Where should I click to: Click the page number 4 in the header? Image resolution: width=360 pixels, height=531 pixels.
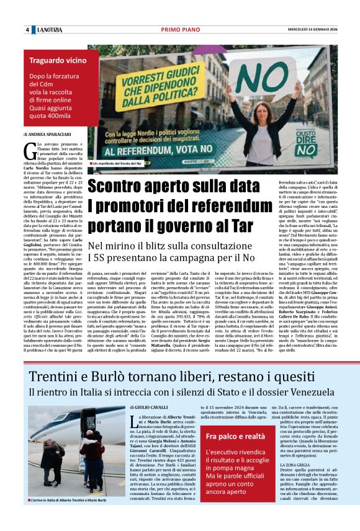point(27,30)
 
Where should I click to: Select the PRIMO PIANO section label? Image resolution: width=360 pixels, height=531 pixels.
point(179,30)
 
